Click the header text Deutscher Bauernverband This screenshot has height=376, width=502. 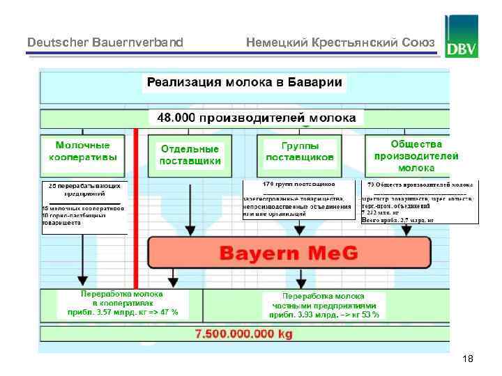click(x=105, y=42)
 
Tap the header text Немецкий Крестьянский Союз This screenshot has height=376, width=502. click(x=340, y=42)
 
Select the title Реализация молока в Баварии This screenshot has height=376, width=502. click(x=243, y=83)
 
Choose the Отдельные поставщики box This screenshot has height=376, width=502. click(x=190, y=155)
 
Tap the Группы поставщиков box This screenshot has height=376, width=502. click(x=300, y=152)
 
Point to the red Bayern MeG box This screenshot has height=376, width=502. click(x=289, y=253)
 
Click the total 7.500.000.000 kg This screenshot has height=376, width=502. click(x=244, y=334)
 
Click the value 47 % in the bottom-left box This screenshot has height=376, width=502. click(x=167, y=312)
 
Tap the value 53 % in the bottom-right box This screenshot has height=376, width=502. click(x=370, y=315)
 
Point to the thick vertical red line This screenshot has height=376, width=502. click(x=137, y=209)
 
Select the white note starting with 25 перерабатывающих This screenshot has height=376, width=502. click(x=84, y=207)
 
